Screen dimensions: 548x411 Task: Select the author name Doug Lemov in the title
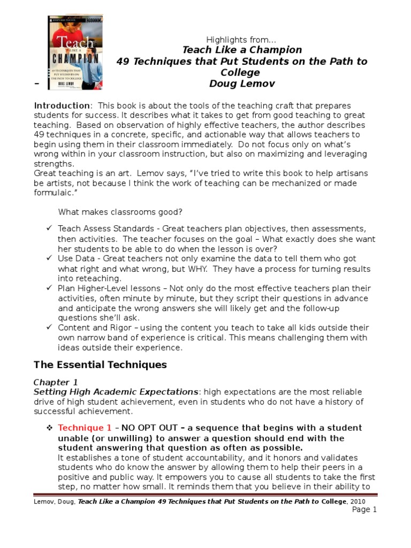click(242, 84)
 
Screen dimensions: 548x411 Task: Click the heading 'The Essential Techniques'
click(101, 365)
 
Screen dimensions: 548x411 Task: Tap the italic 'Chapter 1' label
click(52, 382)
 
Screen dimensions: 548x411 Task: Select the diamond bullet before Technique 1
click(49, 428)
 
